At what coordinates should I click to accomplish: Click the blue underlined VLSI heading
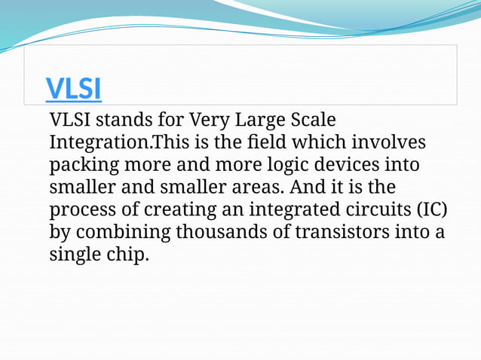73,89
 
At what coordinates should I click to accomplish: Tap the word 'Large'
259,120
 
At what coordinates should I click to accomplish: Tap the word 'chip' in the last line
124,255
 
